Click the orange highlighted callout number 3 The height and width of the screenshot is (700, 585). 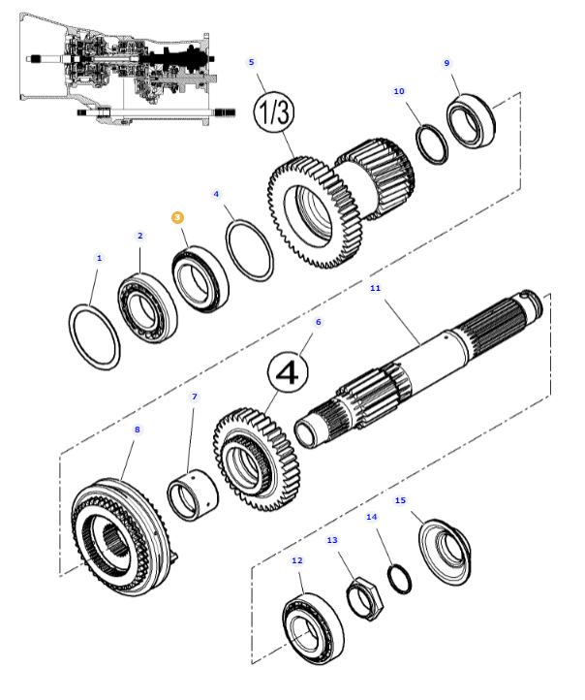[178, 218]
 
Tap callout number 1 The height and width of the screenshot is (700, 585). [98, 258]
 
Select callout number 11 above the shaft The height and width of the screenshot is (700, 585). [376, 288]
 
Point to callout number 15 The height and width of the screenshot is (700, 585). [401, 500]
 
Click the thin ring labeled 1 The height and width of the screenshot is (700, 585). [97, 335]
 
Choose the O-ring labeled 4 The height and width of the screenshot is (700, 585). [250, 249]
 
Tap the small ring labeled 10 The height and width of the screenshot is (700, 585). [432, 143]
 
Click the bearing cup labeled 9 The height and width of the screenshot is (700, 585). [472, 121]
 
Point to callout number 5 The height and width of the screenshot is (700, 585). [252, 62]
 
